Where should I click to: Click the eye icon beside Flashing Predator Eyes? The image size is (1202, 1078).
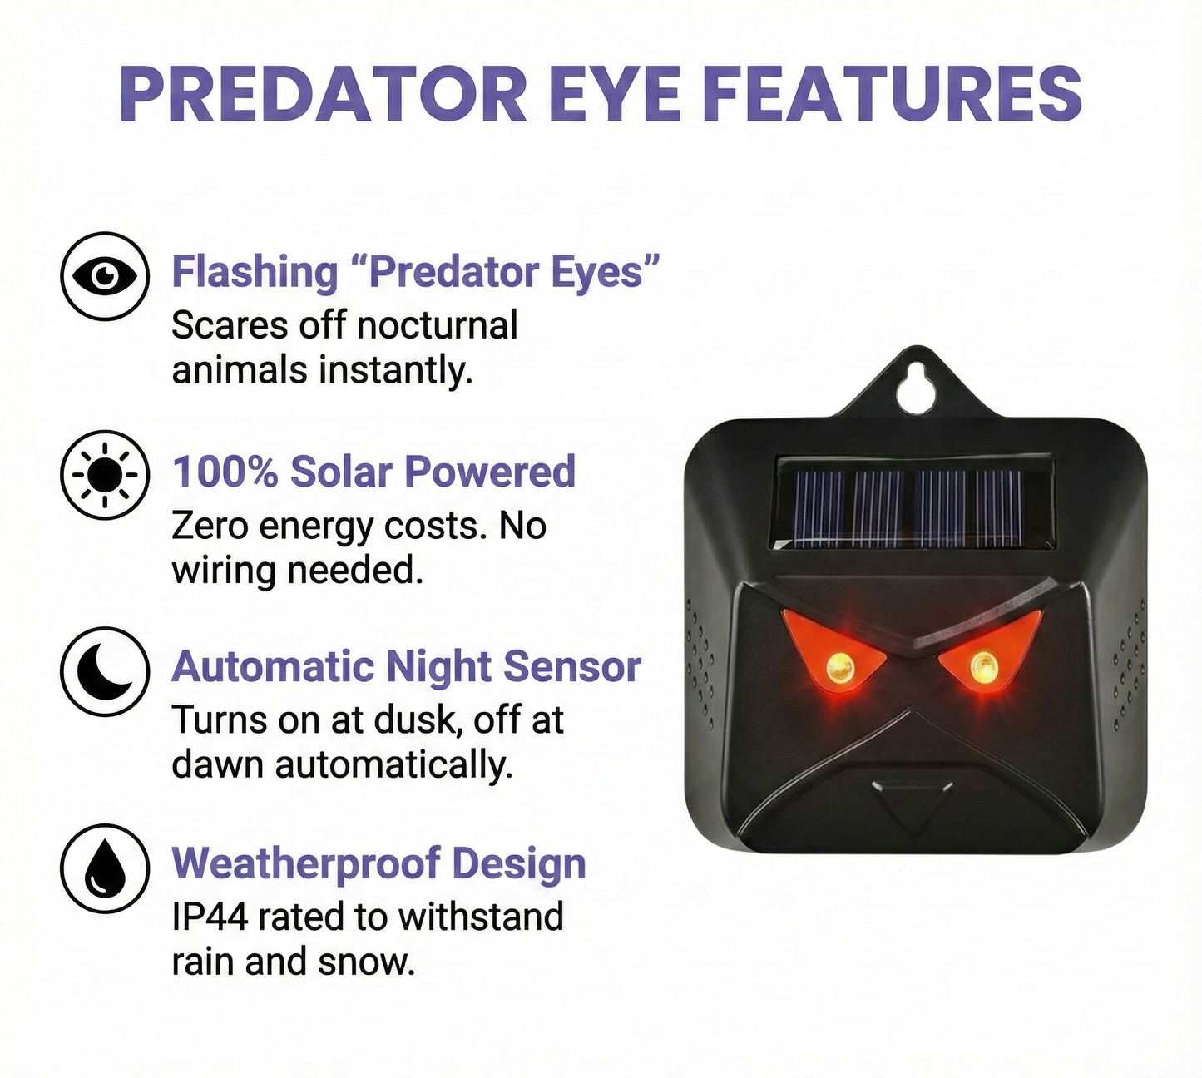click(x=105, y=276)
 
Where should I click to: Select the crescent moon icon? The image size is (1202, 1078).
click(x=105, y=671)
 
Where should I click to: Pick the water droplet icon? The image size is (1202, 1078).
click(x=105, y=868)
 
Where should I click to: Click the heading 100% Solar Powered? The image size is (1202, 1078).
click(x=373, y=472)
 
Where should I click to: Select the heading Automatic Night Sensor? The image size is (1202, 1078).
click(x=406, y=667)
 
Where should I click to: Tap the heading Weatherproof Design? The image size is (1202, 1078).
click(x=378, y=863)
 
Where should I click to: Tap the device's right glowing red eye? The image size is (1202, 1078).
click(x=983, y=666)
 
